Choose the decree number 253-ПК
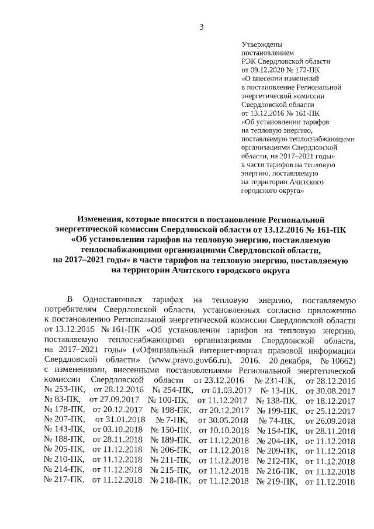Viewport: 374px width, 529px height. [64, 390]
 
